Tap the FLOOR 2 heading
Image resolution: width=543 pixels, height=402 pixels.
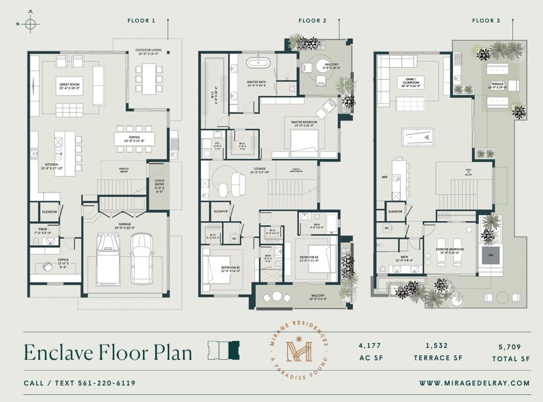click(313, 20)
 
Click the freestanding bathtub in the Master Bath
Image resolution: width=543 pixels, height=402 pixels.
click(258, 63)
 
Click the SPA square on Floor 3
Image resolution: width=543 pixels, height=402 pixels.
click(490, 256)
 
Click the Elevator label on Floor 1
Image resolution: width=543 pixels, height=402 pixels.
click(49, 212)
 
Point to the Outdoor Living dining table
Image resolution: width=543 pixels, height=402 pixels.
click(149, 78)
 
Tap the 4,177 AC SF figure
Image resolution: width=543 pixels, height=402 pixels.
click(370, 346)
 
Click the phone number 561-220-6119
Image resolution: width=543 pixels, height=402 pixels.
click(106, 383)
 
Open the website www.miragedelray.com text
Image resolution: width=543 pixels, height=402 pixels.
click(474, 383)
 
